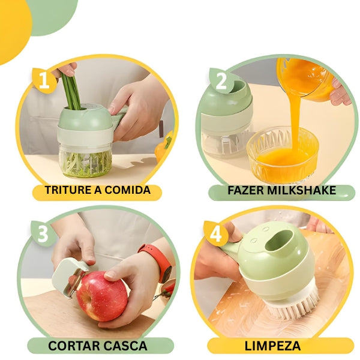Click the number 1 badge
[x=44, y=80]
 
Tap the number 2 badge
[x=221, y=79]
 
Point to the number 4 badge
[x=215, y=233]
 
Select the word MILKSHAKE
[x=308, y=191]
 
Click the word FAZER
[x=247, y=191]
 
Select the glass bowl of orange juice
[x=282, y=153]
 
